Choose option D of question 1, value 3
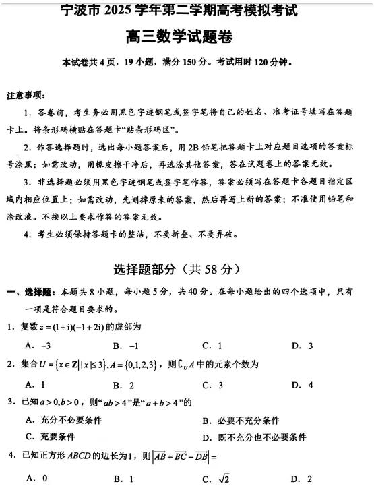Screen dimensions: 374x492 (x=302, y=346)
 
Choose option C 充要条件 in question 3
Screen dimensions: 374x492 (x=46, y=436)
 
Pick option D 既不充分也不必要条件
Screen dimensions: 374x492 (x=254, y=437)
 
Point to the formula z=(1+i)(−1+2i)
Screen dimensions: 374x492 (x=80, y=326)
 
